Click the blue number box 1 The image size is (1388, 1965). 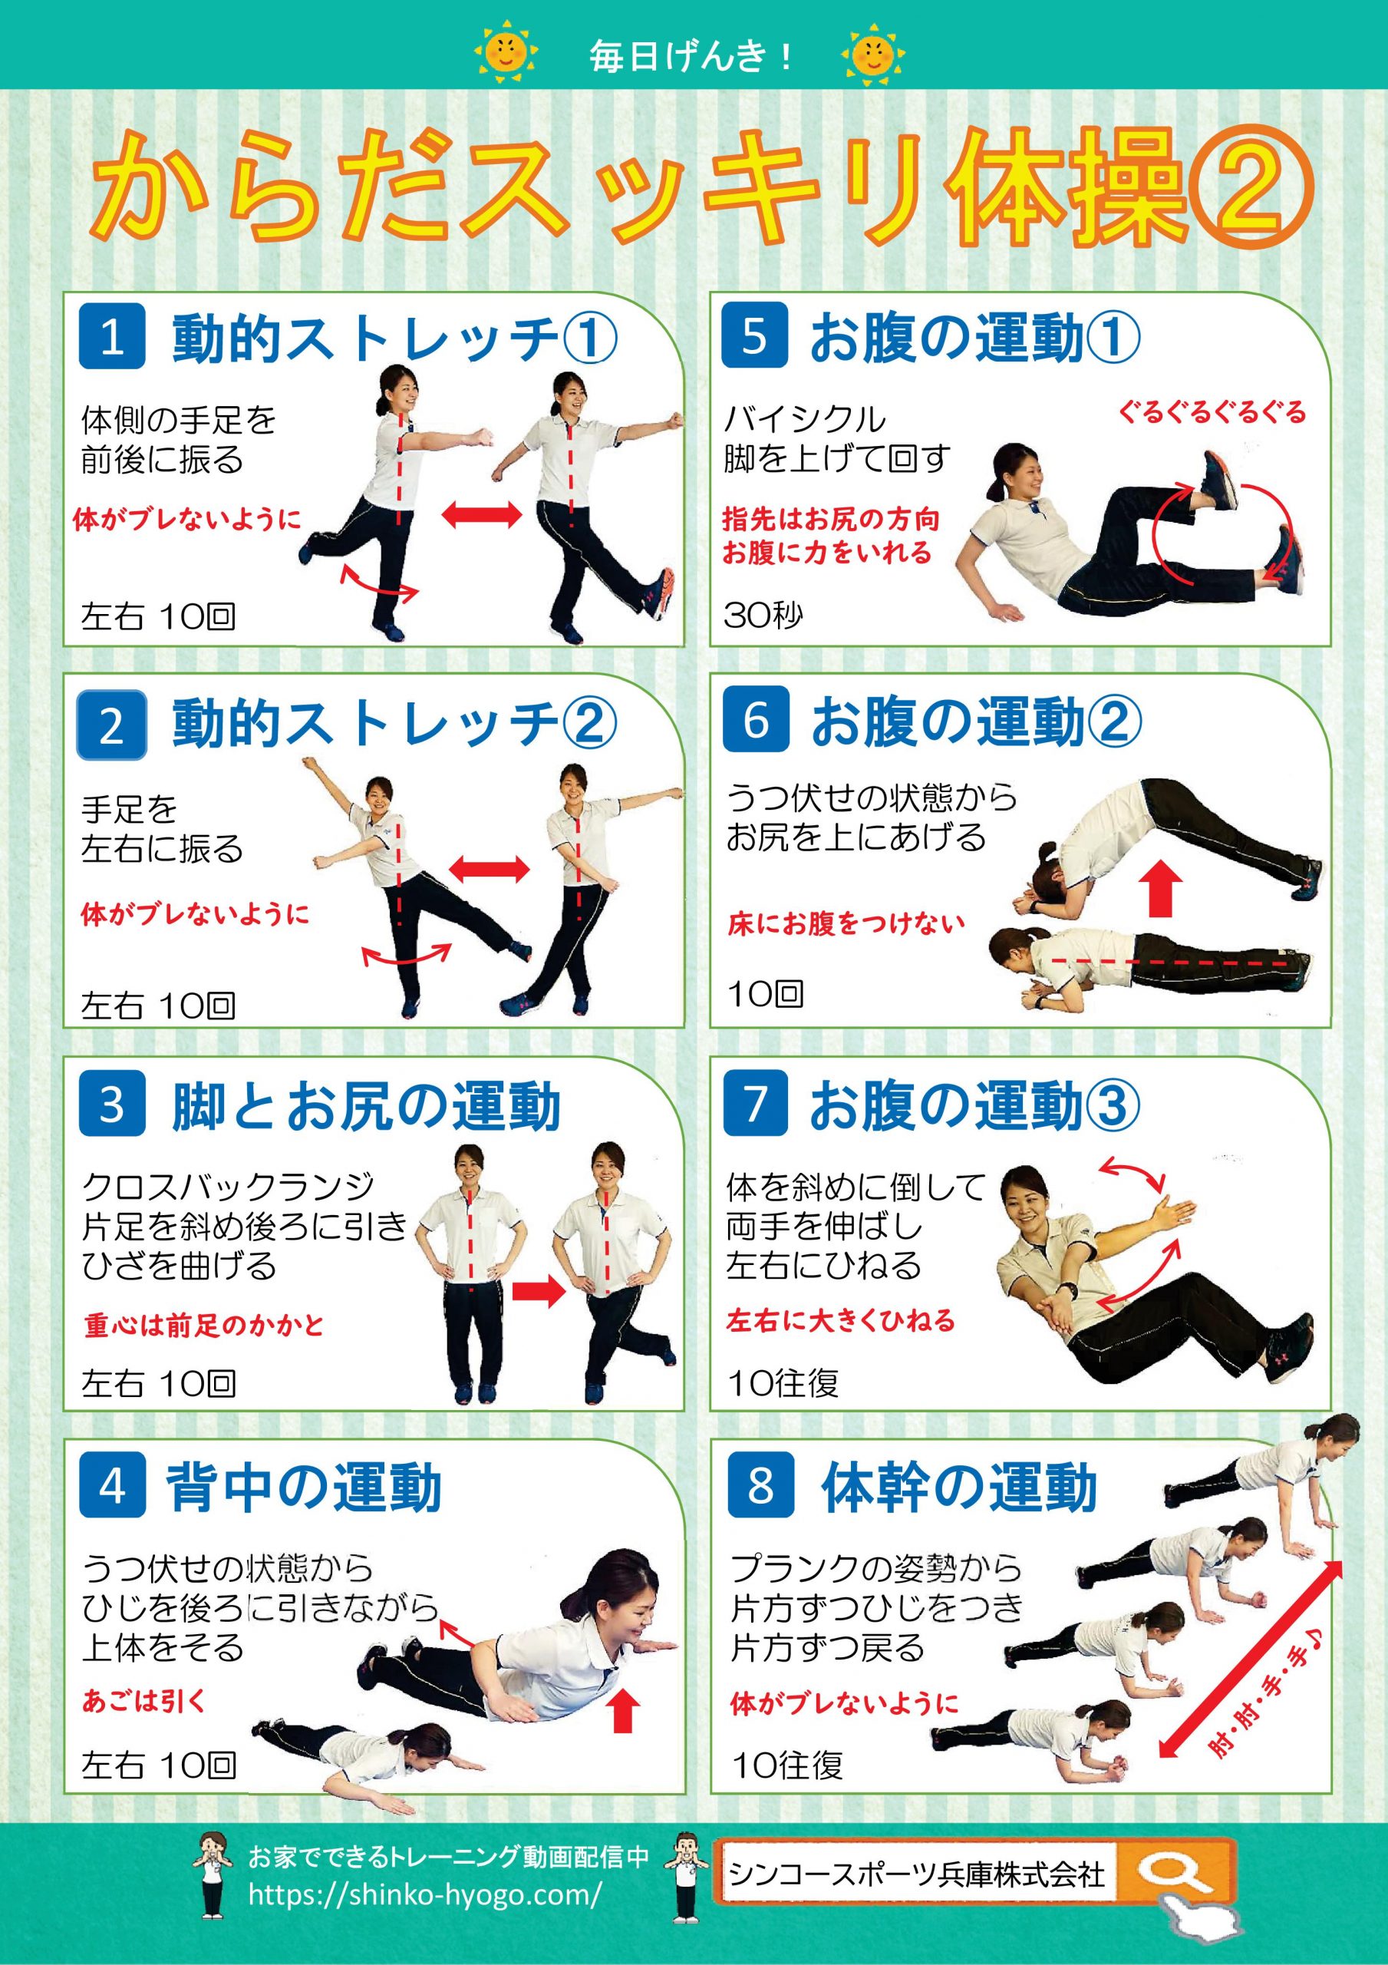tap(112, 337)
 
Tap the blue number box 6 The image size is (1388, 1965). tap(756, 720)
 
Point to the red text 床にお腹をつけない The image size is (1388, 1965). tap(846, 924)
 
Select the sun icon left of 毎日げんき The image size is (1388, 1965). tap(506, 54)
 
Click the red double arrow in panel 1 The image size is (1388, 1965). tap(482, 514)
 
